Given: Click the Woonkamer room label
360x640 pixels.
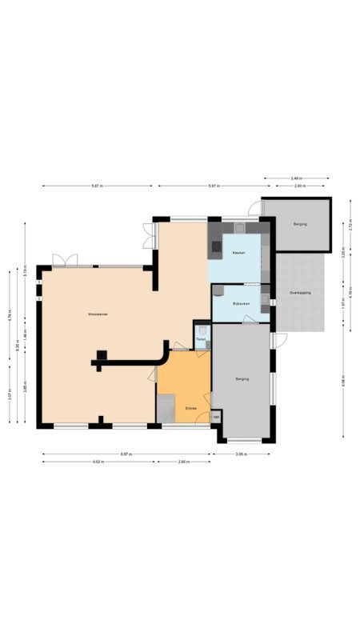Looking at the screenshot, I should coord(98,314).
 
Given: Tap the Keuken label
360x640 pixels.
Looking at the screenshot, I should coord(238,253).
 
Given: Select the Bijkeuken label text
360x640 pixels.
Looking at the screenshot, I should coord(241,304).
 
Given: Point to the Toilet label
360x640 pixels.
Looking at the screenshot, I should coord(200,340).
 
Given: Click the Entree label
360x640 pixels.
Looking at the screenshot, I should coord(191,408).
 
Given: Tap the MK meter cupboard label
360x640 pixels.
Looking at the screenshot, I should coord(216,417).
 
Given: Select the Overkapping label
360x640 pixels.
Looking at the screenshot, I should coord(300,293).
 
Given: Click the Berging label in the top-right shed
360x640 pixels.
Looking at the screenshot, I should coord(300,224).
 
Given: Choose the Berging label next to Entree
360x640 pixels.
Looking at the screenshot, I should coord(242,379).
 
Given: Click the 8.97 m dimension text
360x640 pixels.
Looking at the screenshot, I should coord(126,454).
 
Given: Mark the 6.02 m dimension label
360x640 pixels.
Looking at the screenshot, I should coord(98,462).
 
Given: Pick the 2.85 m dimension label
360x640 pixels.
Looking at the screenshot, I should coord(182,462).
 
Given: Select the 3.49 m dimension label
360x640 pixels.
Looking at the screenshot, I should coord(296,178).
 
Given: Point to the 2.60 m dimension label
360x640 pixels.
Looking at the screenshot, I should coord(299,186).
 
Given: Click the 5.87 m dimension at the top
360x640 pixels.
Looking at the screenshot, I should coord(96,186).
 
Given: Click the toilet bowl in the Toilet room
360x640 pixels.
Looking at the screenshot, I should coord(203,330).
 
